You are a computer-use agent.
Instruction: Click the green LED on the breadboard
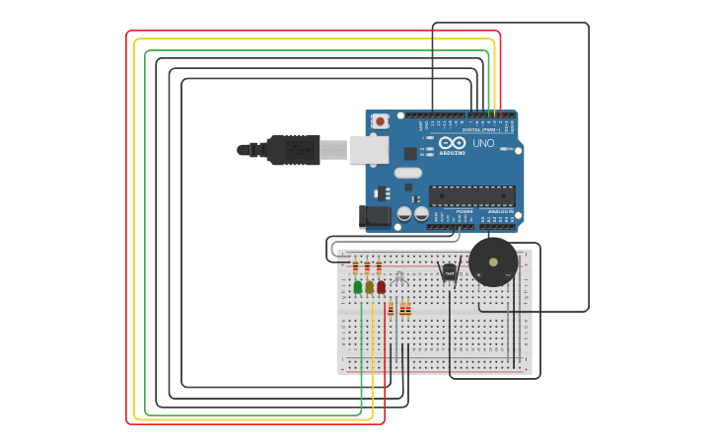(x=358, y=287)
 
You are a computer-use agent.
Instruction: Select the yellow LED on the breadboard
(x=370, y=287)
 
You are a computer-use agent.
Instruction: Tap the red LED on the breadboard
(x=382, y=287)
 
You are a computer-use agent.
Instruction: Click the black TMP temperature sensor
(x=450, y=271)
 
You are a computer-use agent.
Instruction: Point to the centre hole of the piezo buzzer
(x=493, y=261)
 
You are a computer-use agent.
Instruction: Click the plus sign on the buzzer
(x=479, y=275)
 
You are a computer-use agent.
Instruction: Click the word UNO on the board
(x=483, y=144)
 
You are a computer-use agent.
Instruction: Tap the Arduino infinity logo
(x=453, y=143)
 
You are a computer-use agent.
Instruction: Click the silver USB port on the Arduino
(x=369, y=149)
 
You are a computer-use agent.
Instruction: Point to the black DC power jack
(x=376, y=215)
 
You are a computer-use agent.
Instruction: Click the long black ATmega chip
(x=471, y=195)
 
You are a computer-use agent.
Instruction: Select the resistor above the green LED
(x=356, y=267)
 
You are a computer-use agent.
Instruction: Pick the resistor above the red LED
(x=379, y=267)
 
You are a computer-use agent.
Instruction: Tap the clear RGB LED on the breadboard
(x=399, y=278)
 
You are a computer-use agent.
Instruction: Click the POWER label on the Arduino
(x=465, y=211)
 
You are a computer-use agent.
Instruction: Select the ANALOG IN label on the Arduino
(x=500, y=211)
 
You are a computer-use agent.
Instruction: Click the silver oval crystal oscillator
(x=407, y=173)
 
